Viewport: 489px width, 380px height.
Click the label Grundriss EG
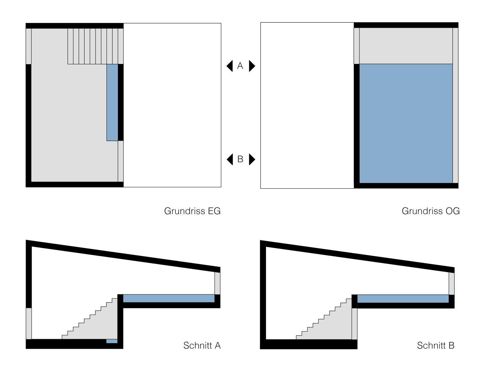click(192, 211)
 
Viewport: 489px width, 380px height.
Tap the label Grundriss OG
click(430, 211)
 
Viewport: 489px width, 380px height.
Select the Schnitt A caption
click(202, 345)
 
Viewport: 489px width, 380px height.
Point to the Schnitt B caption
click(435, 345)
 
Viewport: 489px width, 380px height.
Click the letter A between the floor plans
click(240, 66)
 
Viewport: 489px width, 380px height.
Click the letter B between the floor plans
click(240, 159)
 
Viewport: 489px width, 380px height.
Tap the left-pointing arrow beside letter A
click(230, 66)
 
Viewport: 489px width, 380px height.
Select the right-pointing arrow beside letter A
click(252, 66)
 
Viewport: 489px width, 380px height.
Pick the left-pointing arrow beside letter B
click(230, 159)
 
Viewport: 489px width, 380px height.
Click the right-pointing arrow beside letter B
click(252, 159)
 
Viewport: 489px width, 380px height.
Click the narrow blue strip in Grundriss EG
click(112, 102)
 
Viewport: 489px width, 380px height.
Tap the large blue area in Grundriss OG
click(406, 123)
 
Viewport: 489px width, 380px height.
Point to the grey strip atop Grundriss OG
click(406, 46)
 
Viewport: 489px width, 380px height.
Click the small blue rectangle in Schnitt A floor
click(112, 341)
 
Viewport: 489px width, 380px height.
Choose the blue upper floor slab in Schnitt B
click(403, 299)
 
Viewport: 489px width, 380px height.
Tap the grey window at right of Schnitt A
click(217, 283)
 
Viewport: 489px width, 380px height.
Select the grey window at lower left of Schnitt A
click(29, 323)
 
